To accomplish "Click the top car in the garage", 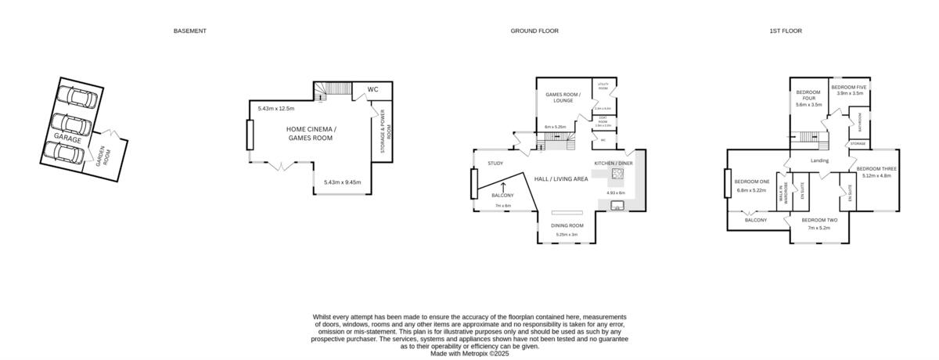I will click(x=79, y=99).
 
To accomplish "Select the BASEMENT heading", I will click(x=190, y=31).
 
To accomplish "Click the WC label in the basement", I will click(x=372, y=89).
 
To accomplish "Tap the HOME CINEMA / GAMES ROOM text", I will click(x=311, y=133).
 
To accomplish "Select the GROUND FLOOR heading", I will click(x=534, y=31).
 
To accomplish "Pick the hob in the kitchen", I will click(x=617, y=174).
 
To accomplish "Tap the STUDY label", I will click(x=495, y=164).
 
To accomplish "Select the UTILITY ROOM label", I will click(x=603, y=87).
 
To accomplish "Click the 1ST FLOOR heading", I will click(x=785, y=31).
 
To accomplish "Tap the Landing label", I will click(x=819, y=161).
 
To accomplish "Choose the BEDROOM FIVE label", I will click(x=849, y=87).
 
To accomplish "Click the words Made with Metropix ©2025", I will click(x=469, y=354).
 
